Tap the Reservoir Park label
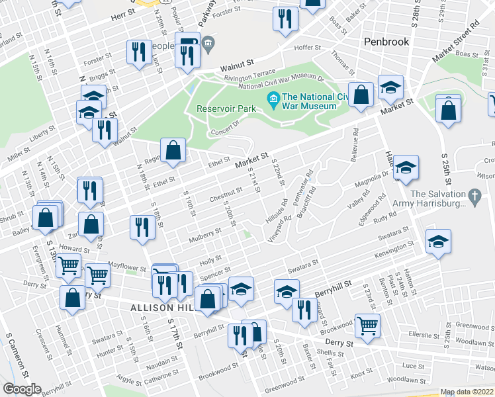coord(226,109)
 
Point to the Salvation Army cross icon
coord(473,196)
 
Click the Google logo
coord(22,388)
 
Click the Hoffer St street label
coord(307,48)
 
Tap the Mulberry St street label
coord(204,234)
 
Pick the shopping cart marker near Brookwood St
coord(367,326)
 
